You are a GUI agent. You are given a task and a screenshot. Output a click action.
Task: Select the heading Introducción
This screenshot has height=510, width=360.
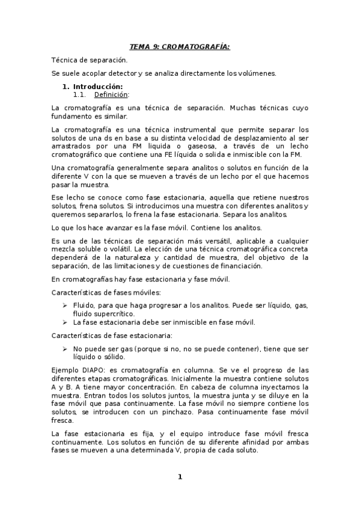click(x=97, y=87)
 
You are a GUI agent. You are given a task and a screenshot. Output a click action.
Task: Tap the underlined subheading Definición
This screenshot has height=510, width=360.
click(x=111, y=94)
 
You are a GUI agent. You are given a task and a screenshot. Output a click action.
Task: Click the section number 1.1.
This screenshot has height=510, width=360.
click(x=79, y=94)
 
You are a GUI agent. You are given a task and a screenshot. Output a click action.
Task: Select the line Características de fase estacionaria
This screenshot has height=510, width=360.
click(x=112, y=335)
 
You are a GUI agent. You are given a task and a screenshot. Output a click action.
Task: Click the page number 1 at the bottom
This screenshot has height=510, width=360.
click(x=179, y=477)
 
